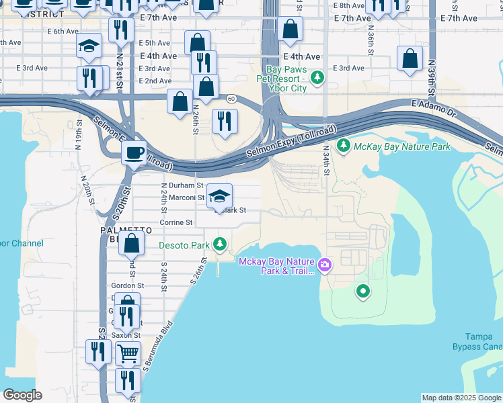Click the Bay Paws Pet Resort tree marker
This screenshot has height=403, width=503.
point(317,77)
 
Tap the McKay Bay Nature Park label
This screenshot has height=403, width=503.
point(401,145)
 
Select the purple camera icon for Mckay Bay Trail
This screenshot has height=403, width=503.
point(325,265)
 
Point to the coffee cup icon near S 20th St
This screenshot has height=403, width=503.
point(134,154)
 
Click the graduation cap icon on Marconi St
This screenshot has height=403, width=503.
point(219,196)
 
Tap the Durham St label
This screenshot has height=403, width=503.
point(182,185)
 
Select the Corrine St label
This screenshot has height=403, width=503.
point(176,222)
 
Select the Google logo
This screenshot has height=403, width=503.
point(22,395)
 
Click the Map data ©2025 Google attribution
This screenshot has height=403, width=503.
point(461,398)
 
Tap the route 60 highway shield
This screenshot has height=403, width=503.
point(231,98)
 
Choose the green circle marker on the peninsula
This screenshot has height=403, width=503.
point(363,292)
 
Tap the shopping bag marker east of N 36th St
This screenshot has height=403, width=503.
point(410,58)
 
